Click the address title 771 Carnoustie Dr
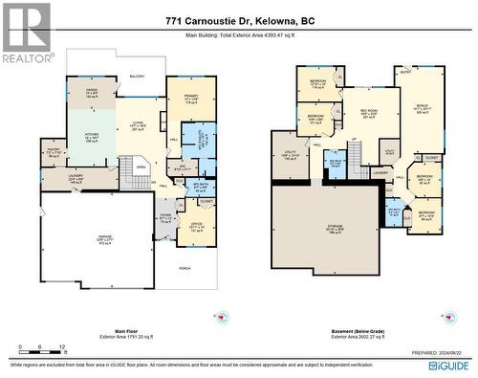(x=239, y=20)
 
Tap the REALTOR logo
(x=26, y=33)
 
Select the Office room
(x=197, y=226)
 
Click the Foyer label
(x=165, y=216)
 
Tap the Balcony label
(x=137, y=76)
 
